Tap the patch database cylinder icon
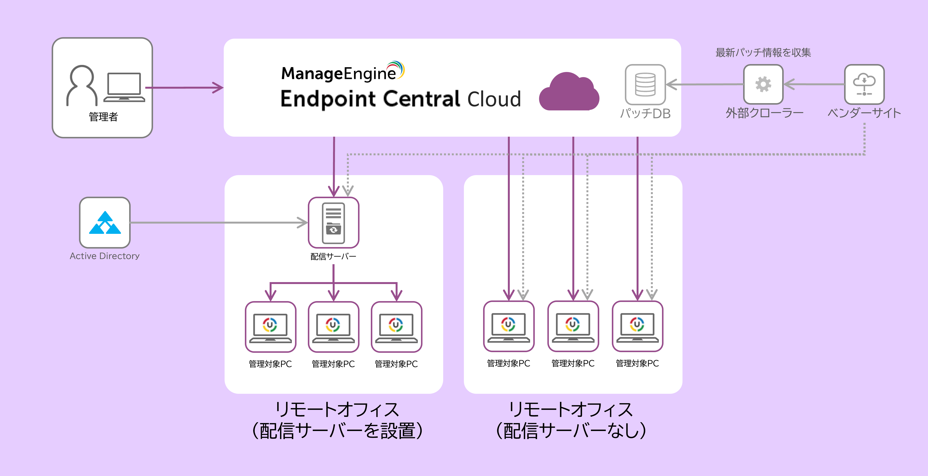(645, 85)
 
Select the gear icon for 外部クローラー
(763, 84)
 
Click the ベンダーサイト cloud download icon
(864, 84)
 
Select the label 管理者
(103, 117)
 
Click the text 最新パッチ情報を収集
(763, 53)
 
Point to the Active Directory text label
(104, 256)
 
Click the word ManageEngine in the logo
(339, 73)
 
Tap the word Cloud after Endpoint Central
(494, 99)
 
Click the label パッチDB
(645, 114)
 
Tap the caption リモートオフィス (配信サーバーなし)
(571, 420)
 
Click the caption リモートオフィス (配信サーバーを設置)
(337, 420)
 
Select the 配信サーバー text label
(333, 256)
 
